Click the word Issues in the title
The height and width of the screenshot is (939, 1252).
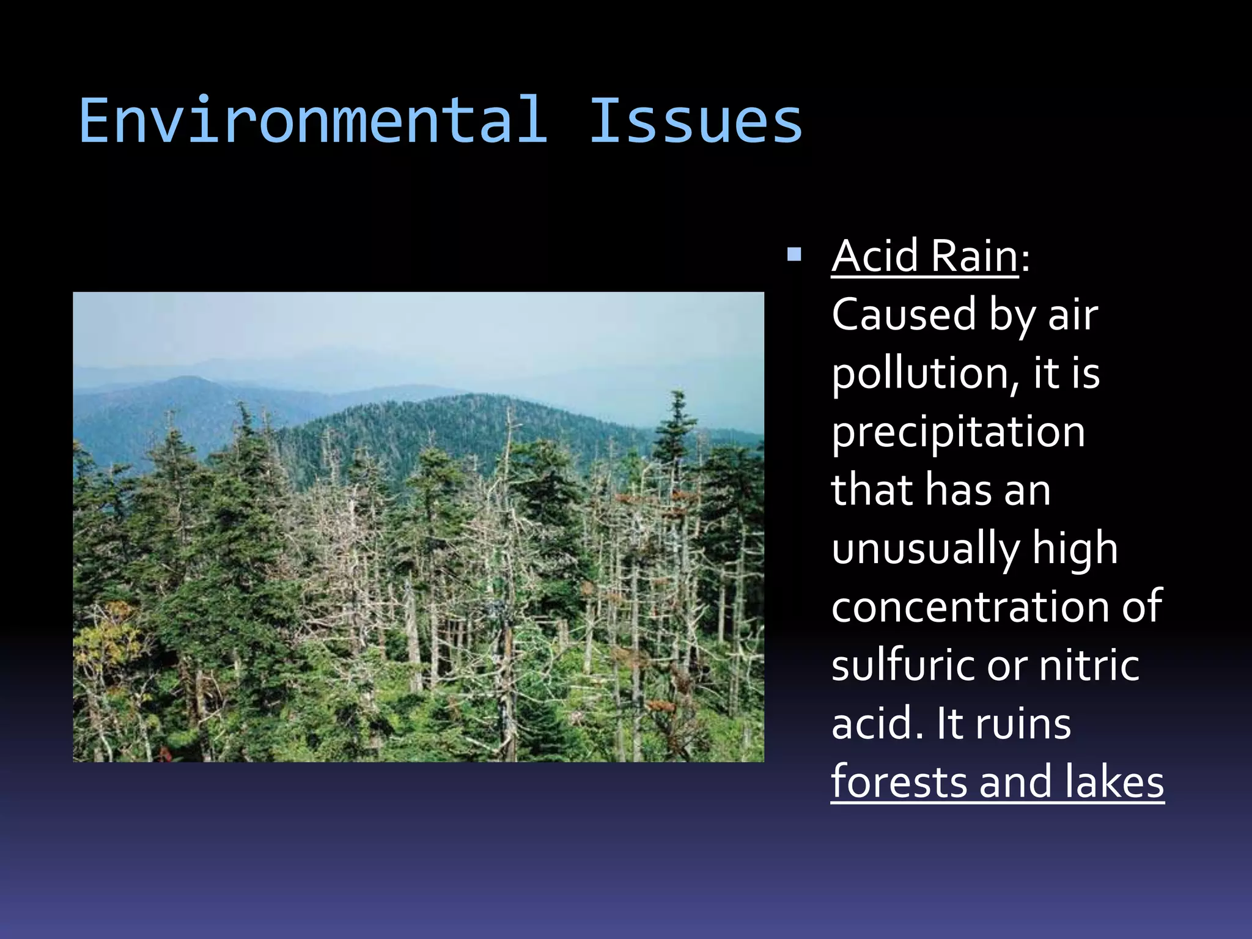pyautogui.click(x=695, y=121)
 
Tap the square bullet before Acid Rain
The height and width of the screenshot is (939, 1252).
pyautogui.click(x=794, y=254)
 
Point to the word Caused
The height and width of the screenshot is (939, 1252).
pyautogui.click(x=904, y=314)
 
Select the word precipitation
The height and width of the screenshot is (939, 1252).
pyautogui.click(x=958, y=432)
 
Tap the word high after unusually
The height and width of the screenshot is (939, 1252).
pyautogui.click(x=1075, y=548)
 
